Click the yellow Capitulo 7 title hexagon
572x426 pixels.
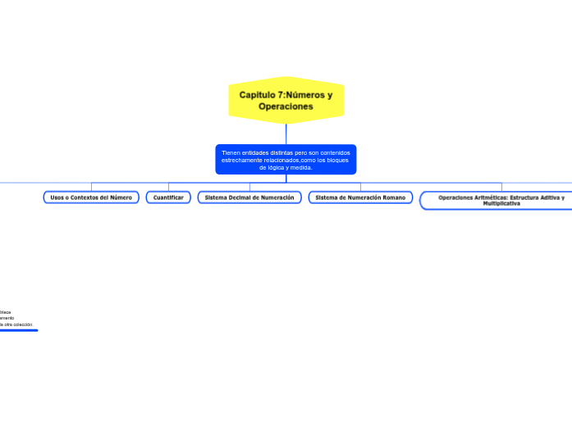(x=286, y=100)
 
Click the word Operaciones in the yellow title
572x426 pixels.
(x=286, y=106)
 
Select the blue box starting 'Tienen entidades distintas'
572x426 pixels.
(x=286, y=160)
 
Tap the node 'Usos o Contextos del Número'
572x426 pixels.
(x=91, y=197)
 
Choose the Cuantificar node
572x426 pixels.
(x=168, y=197)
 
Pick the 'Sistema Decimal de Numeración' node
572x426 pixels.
(x=249, y=197)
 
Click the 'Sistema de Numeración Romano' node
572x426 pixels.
(x=360, y=197)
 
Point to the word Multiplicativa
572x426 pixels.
(x=501, y=203)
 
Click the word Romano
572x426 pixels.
(x=389, y=197)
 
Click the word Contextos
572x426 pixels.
(x=86, y=197)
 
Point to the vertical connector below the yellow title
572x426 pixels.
(x=286, y=134)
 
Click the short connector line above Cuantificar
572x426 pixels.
(x=168, y=186)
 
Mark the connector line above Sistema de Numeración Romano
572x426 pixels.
(x=360, y=186)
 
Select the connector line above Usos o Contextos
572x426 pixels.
(x=91, y=186)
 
